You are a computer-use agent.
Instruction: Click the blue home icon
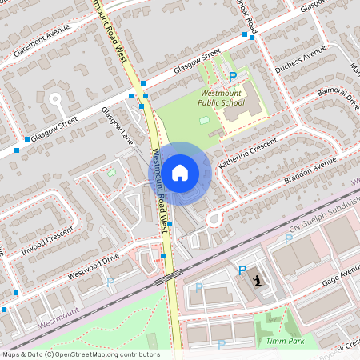click(x=180, y=172)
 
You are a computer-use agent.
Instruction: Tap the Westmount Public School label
click(x=222, y=98)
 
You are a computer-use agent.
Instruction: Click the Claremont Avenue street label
click(x=41, y=40)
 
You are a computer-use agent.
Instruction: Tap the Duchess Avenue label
click(x=301, y=61)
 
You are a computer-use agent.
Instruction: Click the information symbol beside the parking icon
click(x=258, y=280)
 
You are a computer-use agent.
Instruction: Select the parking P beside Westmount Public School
click(x=233, y=76)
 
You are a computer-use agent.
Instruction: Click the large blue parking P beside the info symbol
click(x=242, y=270)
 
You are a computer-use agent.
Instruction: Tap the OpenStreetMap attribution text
click(x=80, y=354)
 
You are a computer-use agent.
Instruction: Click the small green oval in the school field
click(x=204, y=120)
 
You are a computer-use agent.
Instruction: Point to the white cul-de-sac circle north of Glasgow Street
click(x=55, y=99)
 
